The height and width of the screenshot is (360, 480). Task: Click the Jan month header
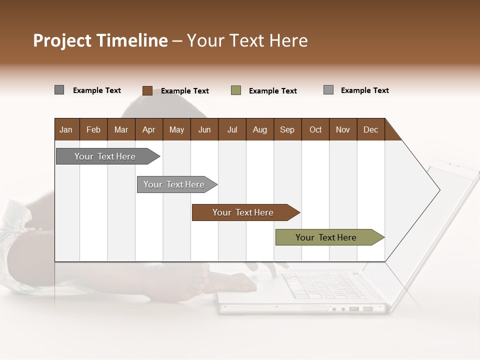[x=66, y=129]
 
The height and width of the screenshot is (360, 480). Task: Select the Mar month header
[x=121, y=129]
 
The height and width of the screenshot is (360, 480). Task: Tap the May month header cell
[x=176, y=129]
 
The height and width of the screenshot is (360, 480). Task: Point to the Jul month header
[x=232, y=129]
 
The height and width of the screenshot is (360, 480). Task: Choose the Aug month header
[x=259, y=129]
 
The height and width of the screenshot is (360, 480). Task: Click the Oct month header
[x=315, y=129]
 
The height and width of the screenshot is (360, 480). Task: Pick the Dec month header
[x=370, y=129]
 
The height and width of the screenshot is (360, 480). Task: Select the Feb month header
[x=93, y=129]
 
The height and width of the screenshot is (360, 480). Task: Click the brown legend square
[x=147, y=90]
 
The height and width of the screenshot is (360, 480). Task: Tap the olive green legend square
[x=236, y=90]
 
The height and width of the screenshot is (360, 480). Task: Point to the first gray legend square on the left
[x=59, y=90]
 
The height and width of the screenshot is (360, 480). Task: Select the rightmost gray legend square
[x=328, y=90]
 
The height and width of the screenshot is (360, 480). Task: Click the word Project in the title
[x=63, y=40]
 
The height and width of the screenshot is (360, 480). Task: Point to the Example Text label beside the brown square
[x=185, y=91]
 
